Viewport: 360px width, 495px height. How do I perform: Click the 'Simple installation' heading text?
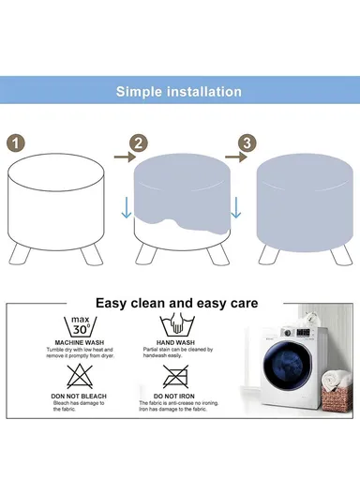(179, 92)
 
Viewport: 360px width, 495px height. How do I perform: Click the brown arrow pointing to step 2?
(120, 157)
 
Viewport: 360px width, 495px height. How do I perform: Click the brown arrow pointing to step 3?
(234, 156)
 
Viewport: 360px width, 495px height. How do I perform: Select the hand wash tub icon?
(173, 328)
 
